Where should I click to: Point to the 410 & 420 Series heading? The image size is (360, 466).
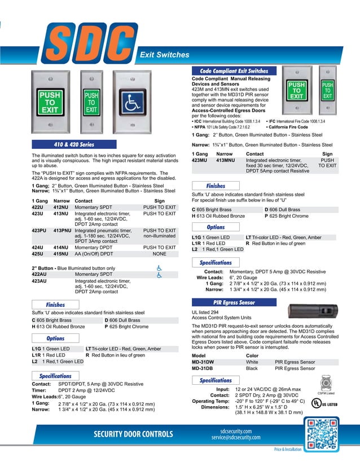coord(73,144)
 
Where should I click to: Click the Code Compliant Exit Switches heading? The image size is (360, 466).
coord(234,71)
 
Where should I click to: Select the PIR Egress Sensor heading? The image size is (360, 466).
coord(234,302)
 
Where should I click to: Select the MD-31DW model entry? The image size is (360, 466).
coord(203,362)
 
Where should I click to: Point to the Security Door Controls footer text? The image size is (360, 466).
coord(134,434)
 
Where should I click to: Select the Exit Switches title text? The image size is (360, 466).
coord(164,55)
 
